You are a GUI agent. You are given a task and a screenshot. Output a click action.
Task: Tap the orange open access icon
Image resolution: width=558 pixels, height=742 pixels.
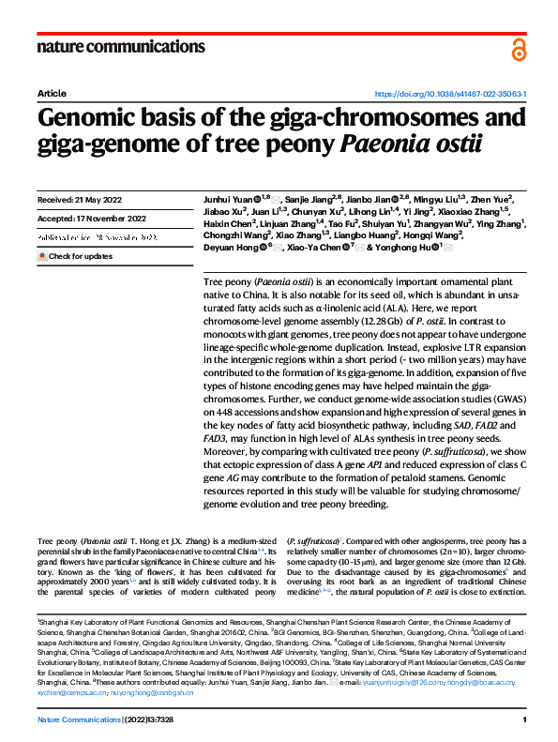point(519,48)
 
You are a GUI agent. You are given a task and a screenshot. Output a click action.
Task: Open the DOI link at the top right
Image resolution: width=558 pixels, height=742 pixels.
point(450,95)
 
